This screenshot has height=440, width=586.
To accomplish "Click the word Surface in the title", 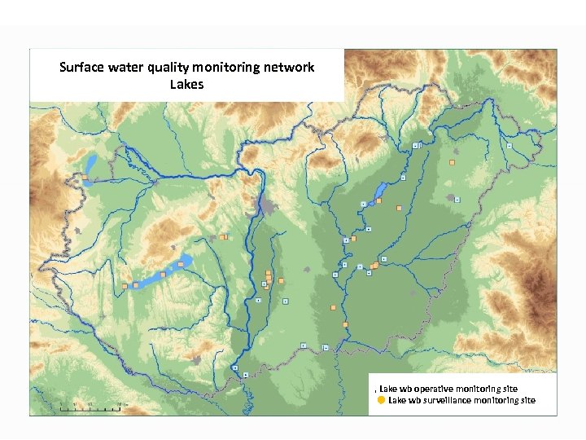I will (x=82, y=68).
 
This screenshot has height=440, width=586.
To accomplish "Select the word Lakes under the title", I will (x=186, y=85).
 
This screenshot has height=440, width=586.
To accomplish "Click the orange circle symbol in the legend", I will (x=381, y=400).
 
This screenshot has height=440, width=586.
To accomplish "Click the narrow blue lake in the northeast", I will (x=380, y=193).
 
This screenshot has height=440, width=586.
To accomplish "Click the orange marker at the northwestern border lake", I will (x=84, y=176).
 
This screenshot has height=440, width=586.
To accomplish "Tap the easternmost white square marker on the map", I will (x=509, y=146).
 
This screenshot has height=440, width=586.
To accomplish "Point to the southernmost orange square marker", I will (x=345, y=325).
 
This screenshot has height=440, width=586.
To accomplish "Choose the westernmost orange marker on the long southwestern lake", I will (x=125, y=286).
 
